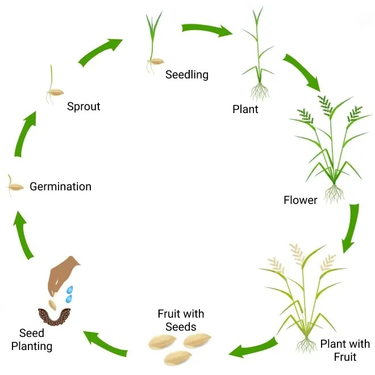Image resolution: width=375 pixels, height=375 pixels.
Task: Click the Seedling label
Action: (187, 74)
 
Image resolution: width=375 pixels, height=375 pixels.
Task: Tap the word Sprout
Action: (84, 106)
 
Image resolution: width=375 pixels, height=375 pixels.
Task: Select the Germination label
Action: (60, 186)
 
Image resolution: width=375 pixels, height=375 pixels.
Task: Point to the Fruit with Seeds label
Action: (181, 320)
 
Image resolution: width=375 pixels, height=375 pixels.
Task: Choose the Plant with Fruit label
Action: (345, 350)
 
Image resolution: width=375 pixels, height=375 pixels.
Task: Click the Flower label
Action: (301, 200)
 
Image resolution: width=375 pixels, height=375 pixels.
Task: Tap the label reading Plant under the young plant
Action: (245, 109)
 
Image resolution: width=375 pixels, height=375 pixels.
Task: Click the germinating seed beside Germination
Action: (14, 186)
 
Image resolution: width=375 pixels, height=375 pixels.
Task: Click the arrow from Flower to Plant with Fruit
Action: (351, 227)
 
